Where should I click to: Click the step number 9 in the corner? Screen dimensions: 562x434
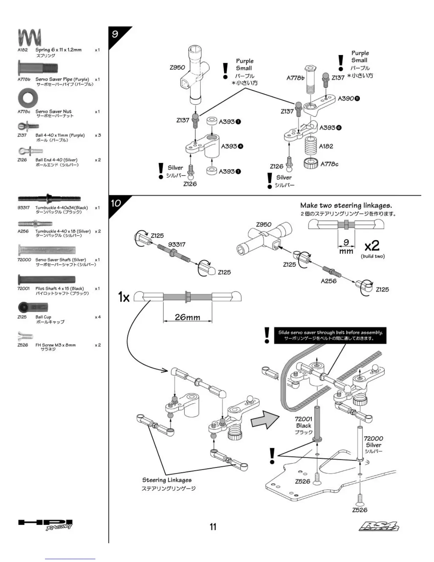click(x=115, y=34)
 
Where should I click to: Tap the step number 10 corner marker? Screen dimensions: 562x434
click(x=116, y=203)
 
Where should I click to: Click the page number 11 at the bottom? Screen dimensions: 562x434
click(x=213, y=527)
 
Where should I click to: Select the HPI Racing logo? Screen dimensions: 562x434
click(x=45, y=524)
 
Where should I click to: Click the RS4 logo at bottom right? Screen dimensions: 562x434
click(x=378, y=527)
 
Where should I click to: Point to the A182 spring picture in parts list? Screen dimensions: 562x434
click(x=30, y=38)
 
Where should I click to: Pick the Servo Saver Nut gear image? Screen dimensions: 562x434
click(x=28, y=98)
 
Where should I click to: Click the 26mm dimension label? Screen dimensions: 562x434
click(x=187, y=317)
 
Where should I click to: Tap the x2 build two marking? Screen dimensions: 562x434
click(x=372, y=246)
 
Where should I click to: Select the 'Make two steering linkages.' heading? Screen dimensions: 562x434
click(x=346, y=205)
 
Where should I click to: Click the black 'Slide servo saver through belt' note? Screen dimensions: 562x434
click(x=330, y=335)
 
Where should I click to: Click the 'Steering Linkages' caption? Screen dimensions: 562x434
click(x=167, y=480)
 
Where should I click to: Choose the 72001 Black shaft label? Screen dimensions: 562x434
click(x=304, y=422)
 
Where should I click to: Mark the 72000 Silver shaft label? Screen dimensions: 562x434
click(x=373, y=442)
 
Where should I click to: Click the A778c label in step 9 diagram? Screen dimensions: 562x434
click(x=329, y=164)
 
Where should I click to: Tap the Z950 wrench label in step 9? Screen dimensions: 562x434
click(x=177, y=67)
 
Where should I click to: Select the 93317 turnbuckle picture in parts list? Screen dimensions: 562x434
click(x=49, y=198)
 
